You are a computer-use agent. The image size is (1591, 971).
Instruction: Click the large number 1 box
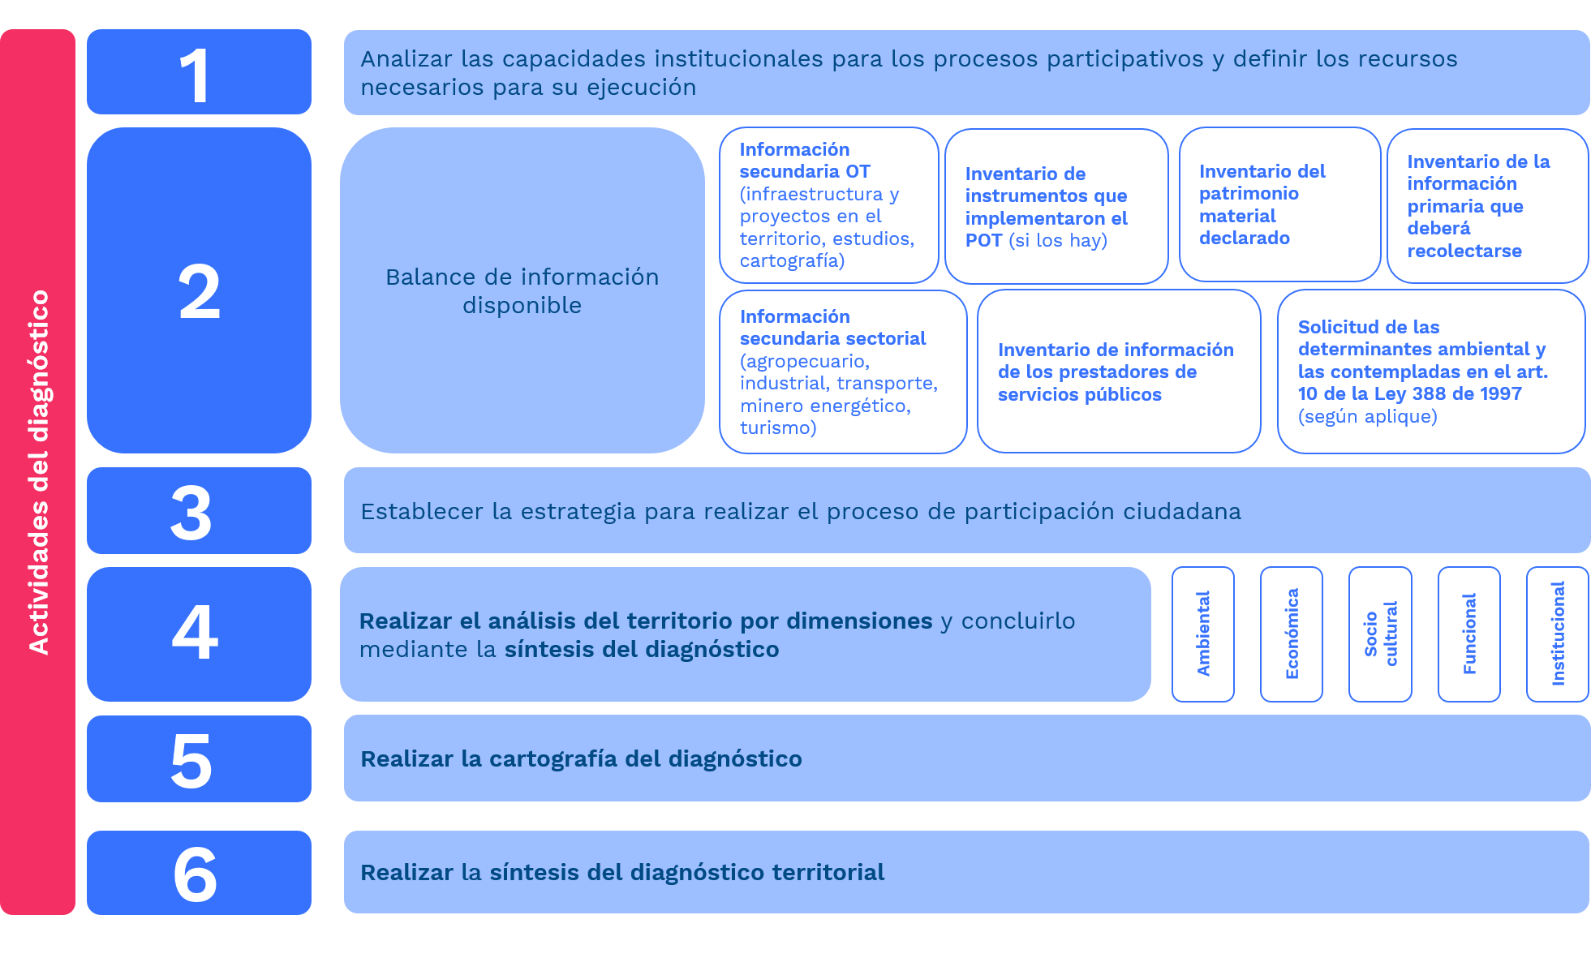click(x=199, y=72)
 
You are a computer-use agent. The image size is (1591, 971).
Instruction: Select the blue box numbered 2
click(x=199, y=290)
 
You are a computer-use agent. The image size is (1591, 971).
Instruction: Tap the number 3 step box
click(x=199, y=511)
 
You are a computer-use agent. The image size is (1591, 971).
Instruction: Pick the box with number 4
click(x=199, y=634)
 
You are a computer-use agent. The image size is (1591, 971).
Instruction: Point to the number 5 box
click(x=199, y=759)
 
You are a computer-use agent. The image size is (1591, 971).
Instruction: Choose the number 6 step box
click(x=199, y=873)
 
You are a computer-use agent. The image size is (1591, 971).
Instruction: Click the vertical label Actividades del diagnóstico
click(x=38, y=472)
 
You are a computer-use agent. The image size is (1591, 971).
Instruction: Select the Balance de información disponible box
click(x=522, y=290)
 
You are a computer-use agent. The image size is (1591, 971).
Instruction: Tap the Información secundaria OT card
click(x=828, y=205)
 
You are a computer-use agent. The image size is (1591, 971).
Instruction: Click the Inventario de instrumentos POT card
click(x=1056, y=206)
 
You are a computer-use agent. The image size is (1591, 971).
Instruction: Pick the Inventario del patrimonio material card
click(x=1279, y=204)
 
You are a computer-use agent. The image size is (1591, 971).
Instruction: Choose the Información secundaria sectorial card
click(x=843, y=372)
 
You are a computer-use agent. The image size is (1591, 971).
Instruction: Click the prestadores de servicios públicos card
click(x=1119, y=372)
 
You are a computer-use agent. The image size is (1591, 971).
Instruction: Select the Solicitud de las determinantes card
click(x=1431, y=372)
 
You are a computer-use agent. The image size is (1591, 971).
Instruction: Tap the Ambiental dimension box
click(x=1203, y=634)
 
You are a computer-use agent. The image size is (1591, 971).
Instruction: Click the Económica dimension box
click(x=1292, y=634)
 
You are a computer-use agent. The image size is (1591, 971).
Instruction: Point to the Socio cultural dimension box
click(x=1380, y=634)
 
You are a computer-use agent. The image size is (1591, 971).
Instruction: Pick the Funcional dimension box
click(x=1469, y=634)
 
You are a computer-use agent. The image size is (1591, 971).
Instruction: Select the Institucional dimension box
click(x=1558, y=634)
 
